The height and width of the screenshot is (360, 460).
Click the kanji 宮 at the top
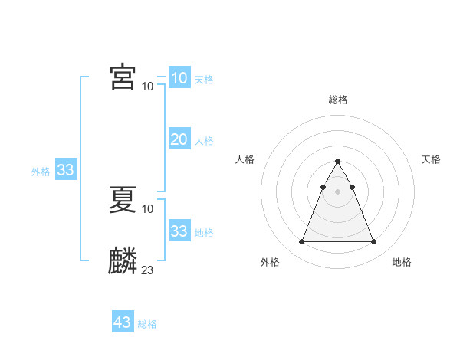[123, 77]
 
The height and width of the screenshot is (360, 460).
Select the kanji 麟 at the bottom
[123, 261]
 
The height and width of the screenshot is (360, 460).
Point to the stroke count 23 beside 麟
[148, 270]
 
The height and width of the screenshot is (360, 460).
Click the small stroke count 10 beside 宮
[148, 87]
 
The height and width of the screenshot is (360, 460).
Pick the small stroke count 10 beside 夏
[148, 209]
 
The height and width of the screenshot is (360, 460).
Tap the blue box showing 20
[179, 139]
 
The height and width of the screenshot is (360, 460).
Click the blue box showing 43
[123, 322]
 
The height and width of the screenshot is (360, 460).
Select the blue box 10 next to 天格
[179, 78]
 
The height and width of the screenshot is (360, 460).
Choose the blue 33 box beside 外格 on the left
[65, 170]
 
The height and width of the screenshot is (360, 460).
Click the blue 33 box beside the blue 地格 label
[179, 231]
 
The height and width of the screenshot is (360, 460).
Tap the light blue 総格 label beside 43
[147, 324]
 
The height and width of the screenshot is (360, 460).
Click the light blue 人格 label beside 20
[204, 141]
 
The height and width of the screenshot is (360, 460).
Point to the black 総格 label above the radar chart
[337, 100]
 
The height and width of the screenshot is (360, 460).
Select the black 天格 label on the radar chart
[431, 159]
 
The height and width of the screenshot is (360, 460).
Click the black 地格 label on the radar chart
[402, 262]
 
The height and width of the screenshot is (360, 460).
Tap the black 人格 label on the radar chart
[245, 159]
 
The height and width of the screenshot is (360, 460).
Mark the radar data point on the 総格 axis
[337, 162]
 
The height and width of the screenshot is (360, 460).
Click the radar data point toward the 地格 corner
[373, 242]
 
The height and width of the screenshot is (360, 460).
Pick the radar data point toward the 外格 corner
[301, 242]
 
